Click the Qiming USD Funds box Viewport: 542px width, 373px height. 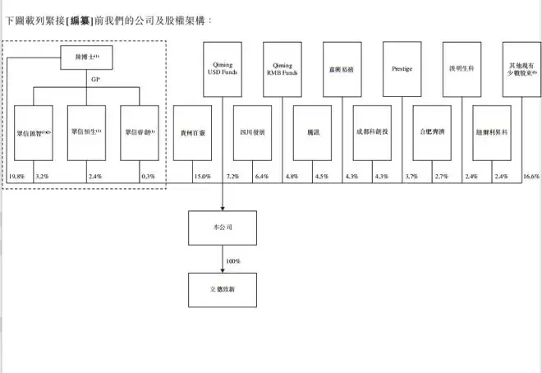click(223, 69)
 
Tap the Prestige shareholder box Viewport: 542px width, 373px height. click(402, 69)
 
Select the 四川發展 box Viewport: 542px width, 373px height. click(251, 131)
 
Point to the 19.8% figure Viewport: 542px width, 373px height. click(17, 177)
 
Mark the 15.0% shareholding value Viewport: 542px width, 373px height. click(202, 177)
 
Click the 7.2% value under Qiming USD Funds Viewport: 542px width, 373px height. click(232, 177)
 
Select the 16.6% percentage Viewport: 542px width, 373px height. click(531, 177)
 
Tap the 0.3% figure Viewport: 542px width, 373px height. click(148, 177)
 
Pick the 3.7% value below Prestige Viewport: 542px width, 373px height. click(411, 177)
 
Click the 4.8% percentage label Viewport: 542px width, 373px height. click(292, 177)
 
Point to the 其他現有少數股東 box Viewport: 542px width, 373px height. click(521, 69)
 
